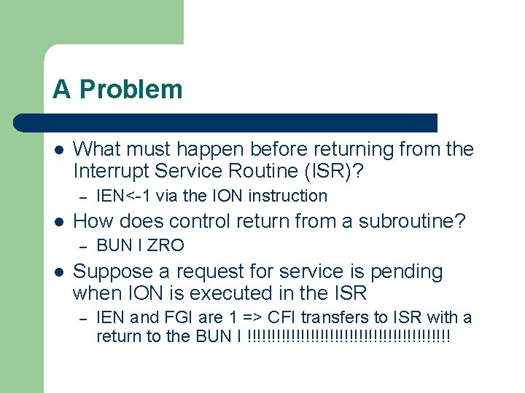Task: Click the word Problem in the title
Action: (x=131, y=89)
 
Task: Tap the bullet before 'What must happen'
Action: (x=58, y=149)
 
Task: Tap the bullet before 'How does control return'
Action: (x=58, y=221)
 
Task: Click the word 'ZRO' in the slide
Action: (x=168, y=245)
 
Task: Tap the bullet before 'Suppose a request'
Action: (x=58, y=271)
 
